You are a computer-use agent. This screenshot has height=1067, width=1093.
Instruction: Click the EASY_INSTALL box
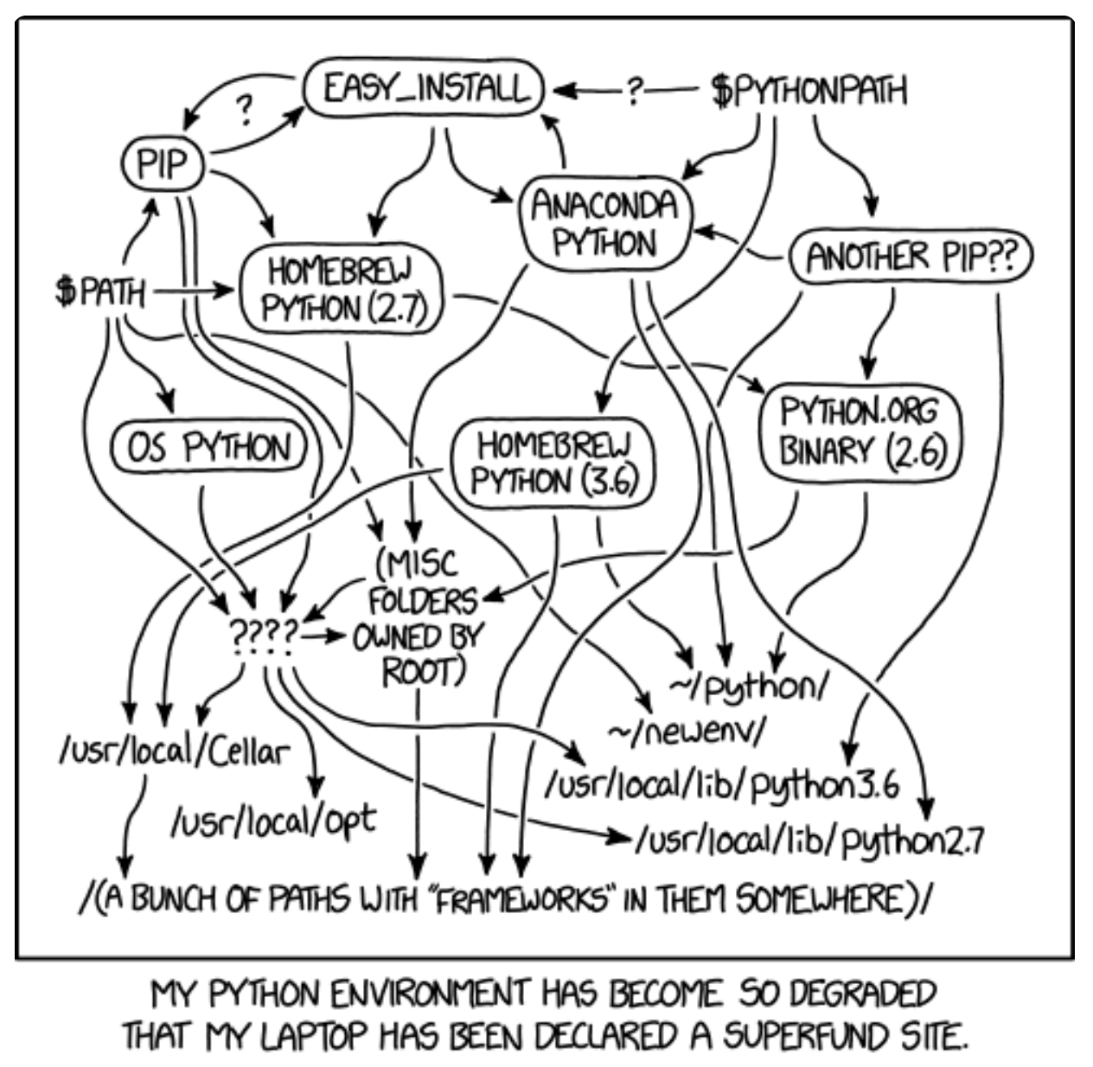tap(423, 88)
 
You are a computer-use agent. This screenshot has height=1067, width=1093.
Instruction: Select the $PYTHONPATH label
tap(809, 90)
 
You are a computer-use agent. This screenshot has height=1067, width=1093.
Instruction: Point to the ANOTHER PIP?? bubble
tap(910, 257)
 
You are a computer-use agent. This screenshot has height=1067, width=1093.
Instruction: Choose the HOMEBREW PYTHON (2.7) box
tap(340, 289)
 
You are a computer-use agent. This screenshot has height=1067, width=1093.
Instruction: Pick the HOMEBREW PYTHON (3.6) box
tap(553, 463)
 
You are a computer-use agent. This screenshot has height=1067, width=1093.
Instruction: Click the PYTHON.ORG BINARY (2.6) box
tap(860, 431)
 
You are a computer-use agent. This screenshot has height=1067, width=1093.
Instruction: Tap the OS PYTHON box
tap(209, 447)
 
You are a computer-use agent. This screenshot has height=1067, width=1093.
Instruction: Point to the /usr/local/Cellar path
tap(171, 751)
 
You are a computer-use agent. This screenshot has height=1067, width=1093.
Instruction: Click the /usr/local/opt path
tap(273, 818)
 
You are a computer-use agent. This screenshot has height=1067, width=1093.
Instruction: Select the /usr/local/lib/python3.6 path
tap(723, 785)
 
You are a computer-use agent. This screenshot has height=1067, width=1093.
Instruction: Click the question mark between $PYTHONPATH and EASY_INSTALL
tap(636, 89)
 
